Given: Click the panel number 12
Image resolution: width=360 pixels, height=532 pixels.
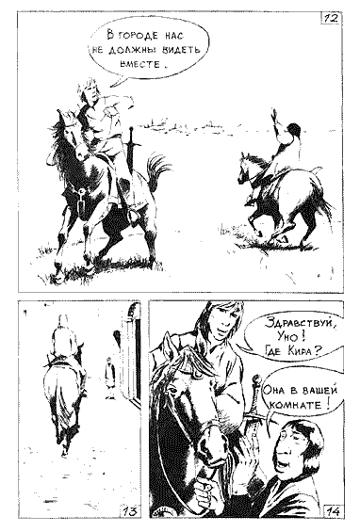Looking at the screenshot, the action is tap(331, 18).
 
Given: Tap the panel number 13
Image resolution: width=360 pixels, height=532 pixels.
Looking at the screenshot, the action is tap(130, 510).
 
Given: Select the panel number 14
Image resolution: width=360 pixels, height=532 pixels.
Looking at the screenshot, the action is tap(333, 510).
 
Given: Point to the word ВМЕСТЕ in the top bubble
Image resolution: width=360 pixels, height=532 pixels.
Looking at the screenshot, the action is tap(139, 64).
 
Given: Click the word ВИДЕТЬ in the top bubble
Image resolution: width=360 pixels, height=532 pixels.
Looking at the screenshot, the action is tap(181, 51).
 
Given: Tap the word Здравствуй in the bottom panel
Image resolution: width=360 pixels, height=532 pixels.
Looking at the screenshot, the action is tap(296, 324).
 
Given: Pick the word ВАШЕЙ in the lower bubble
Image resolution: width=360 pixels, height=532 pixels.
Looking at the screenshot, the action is tap(319, 390).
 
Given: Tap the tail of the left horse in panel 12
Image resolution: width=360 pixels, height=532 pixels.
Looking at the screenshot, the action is tap(156, 169).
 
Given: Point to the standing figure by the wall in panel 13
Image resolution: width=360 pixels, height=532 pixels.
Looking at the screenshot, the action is tap(109, 379).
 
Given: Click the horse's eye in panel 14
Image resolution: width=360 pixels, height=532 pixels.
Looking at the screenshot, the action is tap(174, 391).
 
